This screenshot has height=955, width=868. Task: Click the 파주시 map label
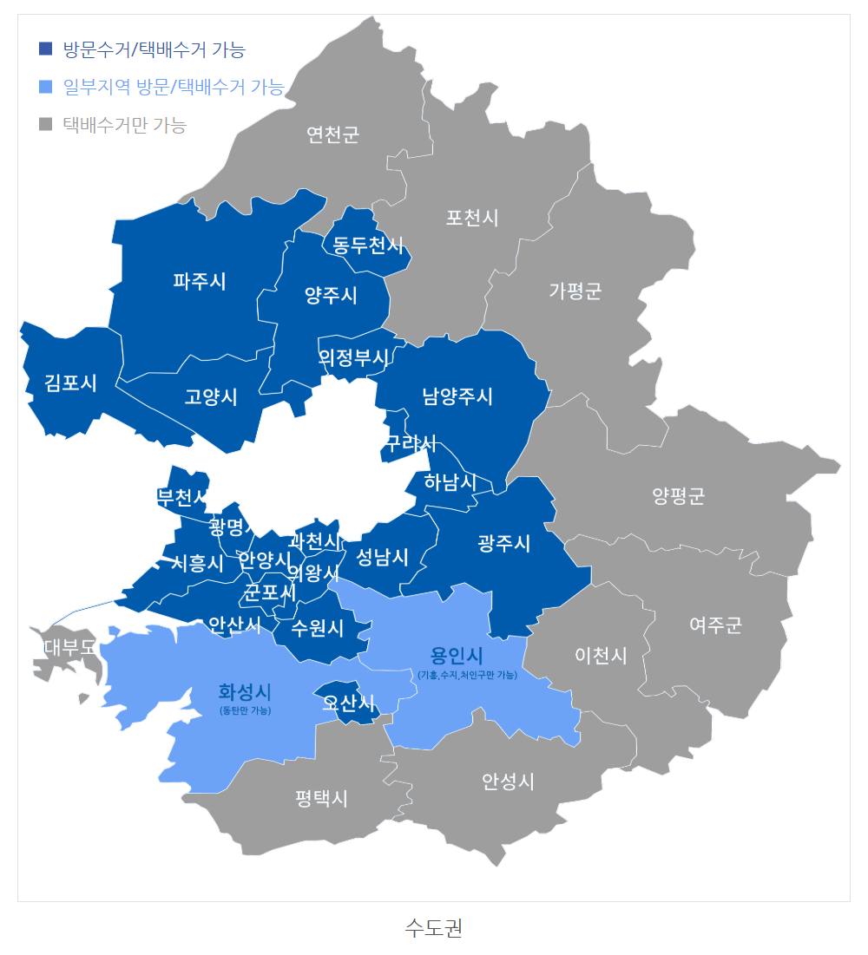tap(200, 281)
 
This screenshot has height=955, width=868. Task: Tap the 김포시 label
tap(71, 383)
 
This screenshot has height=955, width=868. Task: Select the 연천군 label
tap(332, 134)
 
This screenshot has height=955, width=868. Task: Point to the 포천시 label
tap(472, 217)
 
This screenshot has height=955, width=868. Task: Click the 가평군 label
tap(575, 291)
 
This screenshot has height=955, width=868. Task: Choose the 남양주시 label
tap(457, 396)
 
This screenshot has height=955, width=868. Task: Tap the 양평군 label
tap(679, 496)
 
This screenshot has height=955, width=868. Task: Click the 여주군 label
tap(716, 625)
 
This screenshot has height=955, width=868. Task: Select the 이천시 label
tap(601, 655)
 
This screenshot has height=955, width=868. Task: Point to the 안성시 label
tap(508, 782)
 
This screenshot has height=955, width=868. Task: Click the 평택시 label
tap(321, 798)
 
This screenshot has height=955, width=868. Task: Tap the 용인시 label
tap(457, 655)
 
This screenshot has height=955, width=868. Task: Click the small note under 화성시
tap(246, 710)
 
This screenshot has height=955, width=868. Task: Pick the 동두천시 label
tap(369, 245)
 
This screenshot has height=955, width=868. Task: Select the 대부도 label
tap(69, 646)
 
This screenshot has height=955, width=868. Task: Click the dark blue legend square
tap(46, 49)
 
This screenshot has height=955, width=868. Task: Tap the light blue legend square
tap(46, 87)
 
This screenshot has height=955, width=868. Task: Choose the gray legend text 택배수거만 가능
tap(125, 125)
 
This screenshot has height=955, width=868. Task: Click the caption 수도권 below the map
tap(433, 927)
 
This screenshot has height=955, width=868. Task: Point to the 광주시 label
tap(503, 544)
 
